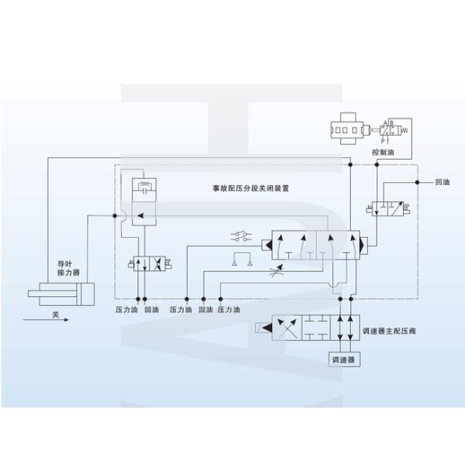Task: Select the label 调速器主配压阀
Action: coord(388,332)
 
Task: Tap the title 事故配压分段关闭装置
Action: coord(251,188)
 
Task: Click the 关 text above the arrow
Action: coord(55,314)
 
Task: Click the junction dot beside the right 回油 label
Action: coord(418,183)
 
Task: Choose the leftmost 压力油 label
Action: coord(126,309)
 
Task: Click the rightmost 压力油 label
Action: coord(229,309)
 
